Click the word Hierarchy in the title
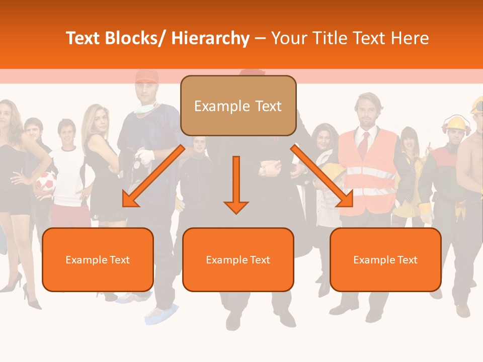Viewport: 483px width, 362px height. click(x=210, y=38)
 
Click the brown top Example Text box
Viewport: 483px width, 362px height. click(x=238, y=106)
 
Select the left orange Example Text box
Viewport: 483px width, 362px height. click(x=98, y=259)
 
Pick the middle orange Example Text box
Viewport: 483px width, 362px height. click(x=238, y=259)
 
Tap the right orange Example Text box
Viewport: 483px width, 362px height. click(x=385, y=259)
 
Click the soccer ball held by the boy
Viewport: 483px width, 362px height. click(x=46, y=183)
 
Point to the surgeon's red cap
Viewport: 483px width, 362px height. click(x=146, y=77)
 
